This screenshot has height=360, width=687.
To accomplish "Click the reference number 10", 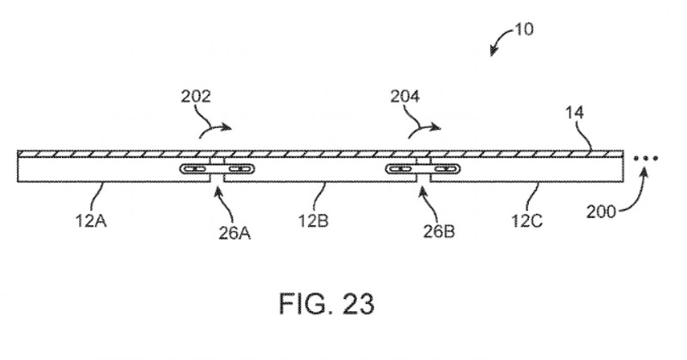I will tap(522, 29).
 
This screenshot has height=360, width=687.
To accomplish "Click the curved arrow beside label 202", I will tap(214, 128).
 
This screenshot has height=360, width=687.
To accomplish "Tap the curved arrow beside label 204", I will tap(423, 128).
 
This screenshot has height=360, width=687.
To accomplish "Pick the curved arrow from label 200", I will tap(632, 193).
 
